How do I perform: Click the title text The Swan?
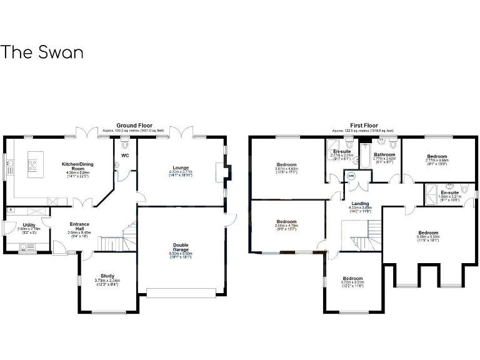[42, 52]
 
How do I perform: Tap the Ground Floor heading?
[135, 126]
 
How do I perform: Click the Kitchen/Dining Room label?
[73, 166]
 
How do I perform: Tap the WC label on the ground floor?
[125, 155]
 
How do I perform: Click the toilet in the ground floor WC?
[124, 143]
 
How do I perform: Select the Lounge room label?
[181, 167]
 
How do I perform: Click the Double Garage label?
[181, 247]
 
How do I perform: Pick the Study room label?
[107, 277]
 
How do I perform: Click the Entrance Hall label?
[79, 226]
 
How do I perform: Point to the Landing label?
[360, 203]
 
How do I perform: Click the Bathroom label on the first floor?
[384, 154]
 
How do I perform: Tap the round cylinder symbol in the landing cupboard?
[351, 177]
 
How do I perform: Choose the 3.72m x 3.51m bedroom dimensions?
[352, 282]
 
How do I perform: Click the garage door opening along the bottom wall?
[181, 292]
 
